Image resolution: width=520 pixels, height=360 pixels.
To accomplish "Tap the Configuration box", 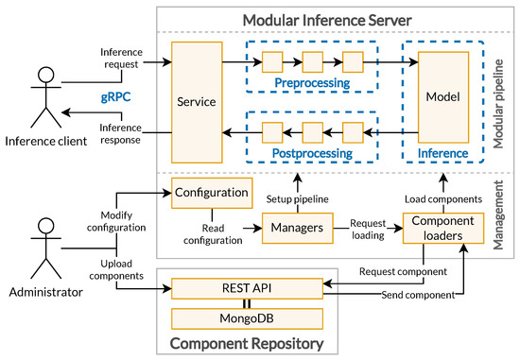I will point(211,193).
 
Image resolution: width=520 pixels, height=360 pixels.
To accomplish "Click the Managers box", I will point(293,228).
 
